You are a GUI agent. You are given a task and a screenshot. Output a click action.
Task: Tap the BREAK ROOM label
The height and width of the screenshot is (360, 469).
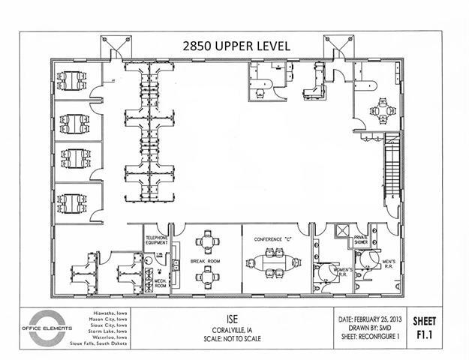tap(203, 260)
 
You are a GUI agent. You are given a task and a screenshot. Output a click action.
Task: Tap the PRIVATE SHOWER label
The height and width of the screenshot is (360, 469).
tap(365, 240)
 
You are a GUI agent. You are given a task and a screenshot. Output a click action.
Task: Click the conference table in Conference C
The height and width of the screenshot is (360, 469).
tap(272, 265)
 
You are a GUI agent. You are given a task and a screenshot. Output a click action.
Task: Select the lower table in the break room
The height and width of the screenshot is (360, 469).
tap(203, 277)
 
